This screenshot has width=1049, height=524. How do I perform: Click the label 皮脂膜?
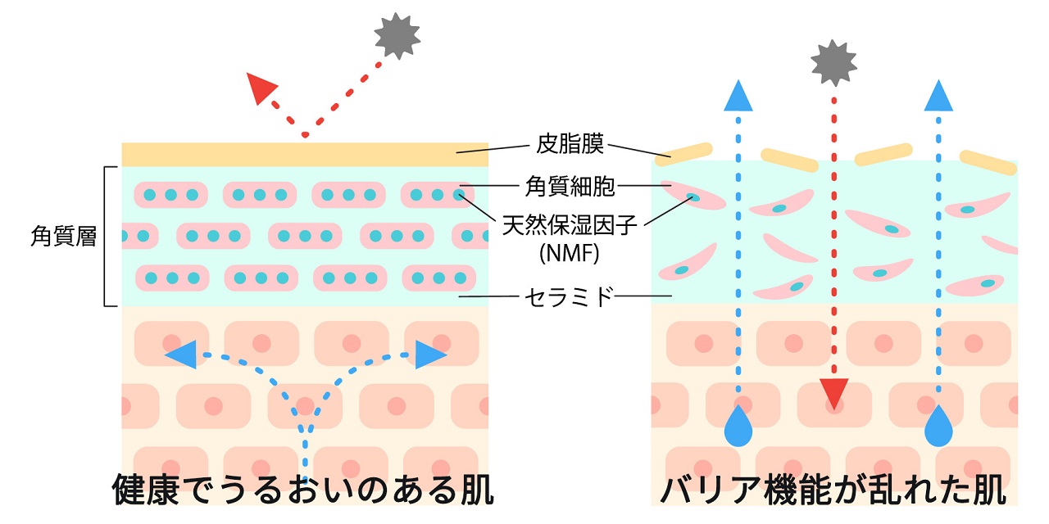point(570,146)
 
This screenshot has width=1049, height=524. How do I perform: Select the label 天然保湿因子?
point(570,226)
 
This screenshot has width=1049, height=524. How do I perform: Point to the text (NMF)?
point(570,253)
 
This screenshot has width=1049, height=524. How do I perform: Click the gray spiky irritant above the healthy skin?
point(397,34)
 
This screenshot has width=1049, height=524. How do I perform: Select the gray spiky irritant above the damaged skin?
point(833,62)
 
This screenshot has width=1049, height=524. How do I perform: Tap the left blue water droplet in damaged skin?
point(739,427)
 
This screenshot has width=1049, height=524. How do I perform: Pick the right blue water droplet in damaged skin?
point(938,427)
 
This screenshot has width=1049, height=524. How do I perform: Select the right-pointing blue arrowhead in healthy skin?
point(429,355)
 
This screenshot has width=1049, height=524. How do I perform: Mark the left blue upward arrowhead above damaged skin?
point(739,96)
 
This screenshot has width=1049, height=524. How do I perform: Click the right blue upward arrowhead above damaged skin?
point(938,96)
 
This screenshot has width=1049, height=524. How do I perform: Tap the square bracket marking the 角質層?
point(107,237)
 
